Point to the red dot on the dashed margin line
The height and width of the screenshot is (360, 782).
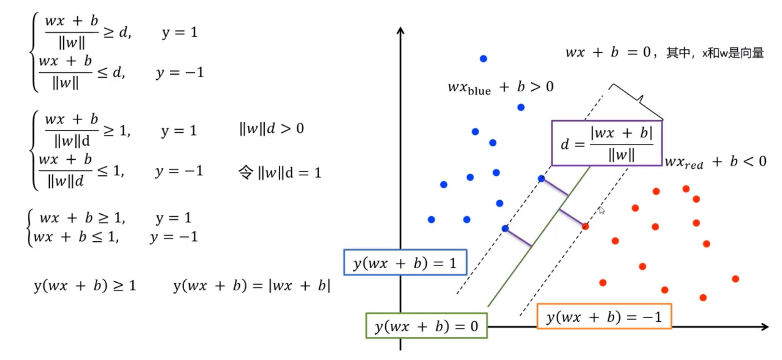click(x=586, y=226)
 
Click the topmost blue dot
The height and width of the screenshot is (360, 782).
click(x=483, y=58)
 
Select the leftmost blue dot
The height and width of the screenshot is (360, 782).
click(x=431, y=219)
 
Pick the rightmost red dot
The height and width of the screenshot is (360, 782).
click(x=735, y=279)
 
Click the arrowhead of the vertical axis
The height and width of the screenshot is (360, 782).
click(x=400, y=30)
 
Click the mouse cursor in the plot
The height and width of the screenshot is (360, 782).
click(x=601, y=210)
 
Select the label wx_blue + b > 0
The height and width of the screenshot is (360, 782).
click(x=501, y=88)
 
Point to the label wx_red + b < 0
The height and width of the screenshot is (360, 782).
click(x=716, y=162)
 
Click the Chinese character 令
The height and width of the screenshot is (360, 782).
click(x=246, y=173)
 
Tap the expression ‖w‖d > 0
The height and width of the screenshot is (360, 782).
click(x=272, y=129)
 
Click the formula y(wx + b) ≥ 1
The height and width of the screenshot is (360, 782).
click(x=85, y=285)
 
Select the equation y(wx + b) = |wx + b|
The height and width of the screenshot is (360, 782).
click(x=252, y=285)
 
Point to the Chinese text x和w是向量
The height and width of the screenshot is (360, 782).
click(x=733, y=53)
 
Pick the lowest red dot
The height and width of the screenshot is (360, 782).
click(x=703, y=297)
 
